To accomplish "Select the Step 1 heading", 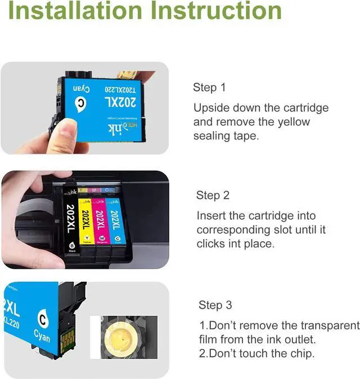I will (x=209, y=87).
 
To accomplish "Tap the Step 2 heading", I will (x=213, y=195).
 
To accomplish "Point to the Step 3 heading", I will (x=215, y=305).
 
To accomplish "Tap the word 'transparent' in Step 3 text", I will (x=330, y=326).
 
